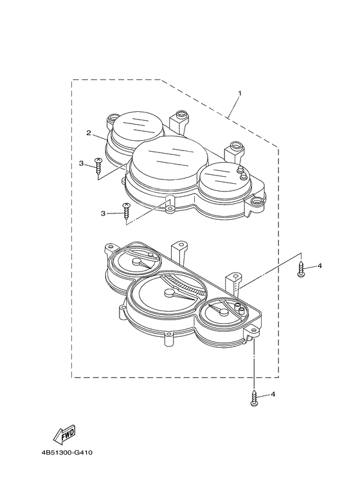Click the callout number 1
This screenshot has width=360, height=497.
click(x=240, y=93)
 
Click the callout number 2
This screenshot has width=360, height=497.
click(x=89, y=133)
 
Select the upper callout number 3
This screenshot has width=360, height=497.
click(x=81, y=163)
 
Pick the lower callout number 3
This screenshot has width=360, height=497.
click(x=103, y=213)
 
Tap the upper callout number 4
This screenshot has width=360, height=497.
click(x=319, y=266)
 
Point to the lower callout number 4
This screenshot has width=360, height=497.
click(x=273, y=394)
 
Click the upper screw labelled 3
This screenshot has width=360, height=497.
click(x=98, y=166)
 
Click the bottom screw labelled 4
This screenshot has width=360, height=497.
click(x=254, y=398)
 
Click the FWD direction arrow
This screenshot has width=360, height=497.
click(x=65, y=434)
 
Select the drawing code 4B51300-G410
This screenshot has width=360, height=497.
click(x=67, y=453)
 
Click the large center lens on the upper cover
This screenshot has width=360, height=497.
click(x=170, y=158)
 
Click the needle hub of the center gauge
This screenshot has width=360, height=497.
click(x=170, y=293)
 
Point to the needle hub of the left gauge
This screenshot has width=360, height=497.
click(x=137, y=262)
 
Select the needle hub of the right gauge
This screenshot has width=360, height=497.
click(x=224, y=312)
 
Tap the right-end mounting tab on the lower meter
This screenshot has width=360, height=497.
click(x=253, y=332)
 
